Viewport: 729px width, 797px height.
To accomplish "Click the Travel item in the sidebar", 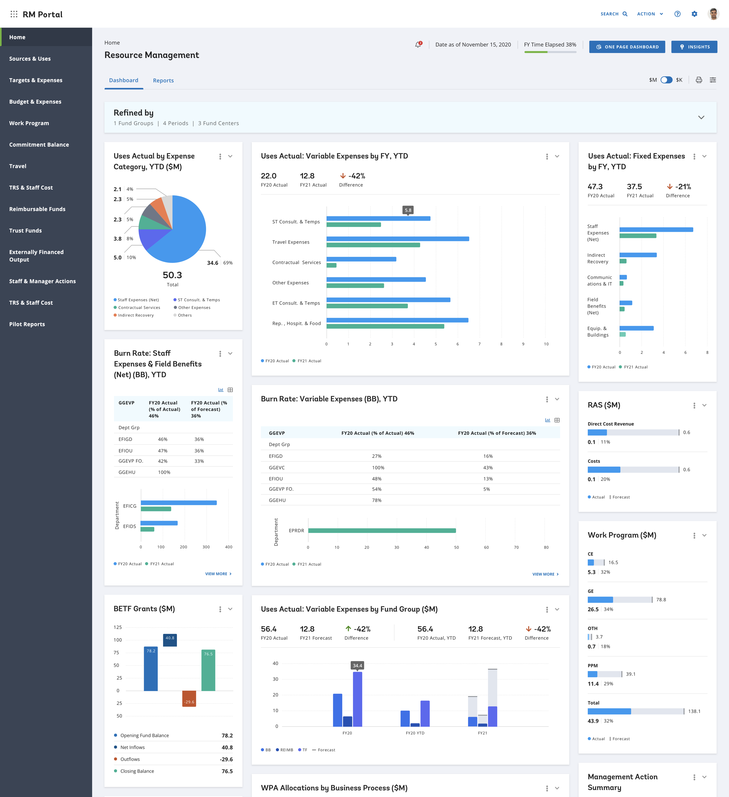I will (18, 166).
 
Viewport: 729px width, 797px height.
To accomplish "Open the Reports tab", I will (163, 80).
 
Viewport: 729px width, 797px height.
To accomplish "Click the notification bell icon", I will (418, 45).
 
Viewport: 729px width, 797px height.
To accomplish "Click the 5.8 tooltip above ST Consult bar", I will (408, 210).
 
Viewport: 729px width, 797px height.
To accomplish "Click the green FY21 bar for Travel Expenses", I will (373, 245).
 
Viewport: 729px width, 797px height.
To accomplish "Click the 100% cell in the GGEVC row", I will (378, 468).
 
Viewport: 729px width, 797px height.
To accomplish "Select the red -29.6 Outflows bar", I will (189, 699).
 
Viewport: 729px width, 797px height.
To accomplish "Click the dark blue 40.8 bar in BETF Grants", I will (170, 640).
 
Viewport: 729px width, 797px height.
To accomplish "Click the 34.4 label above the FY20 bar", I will (357, 665).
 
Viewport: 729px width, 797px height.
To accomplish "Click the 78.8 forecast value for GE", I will (661, 600).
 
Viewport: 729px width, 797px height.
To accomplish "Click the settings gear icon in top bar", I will (694, 14).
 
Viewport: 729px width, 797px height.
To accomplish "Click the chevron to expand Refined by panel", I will (701, 117).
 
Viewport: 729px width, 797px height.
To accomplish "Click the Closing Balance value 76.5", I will (227, 771).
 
